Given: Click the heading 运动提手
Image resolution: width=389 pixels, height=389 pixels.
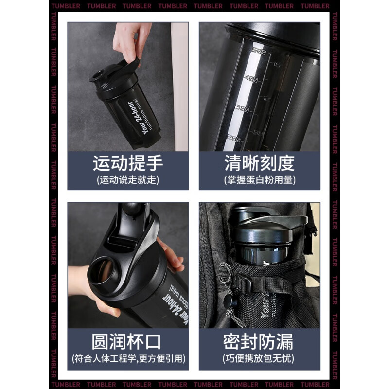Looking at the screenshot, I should coord(128,163).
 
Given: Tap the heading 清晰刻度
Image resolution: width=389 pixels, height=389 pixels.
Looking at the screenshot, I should coord(259,163).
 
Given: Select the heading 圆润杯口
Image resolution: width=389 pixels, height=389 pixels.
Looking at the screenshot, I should coord(128,341).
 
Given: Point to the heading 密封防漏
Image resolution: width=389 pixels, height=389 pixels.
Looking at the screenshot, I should coord(259,341).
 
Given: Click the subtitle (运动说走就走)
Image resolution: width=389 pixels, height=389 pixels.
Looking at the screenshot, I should coord(128,180).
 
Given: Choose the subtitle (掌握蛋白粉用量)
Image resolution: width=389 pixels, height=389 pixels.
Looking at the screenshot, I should coord(259,180).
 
